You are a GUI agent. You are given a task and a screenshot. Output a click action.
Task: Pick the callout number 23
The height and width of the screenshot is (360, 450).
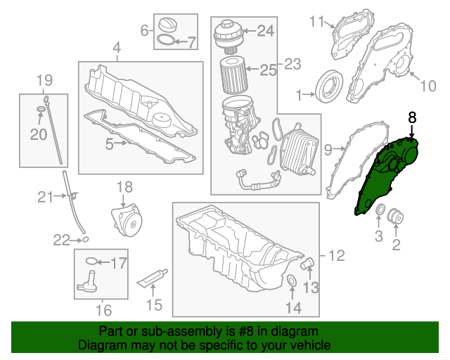[292, 65]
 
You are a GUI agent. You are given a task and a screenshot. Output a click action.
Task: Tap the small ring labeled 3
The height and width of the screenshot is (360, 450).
[378, 211]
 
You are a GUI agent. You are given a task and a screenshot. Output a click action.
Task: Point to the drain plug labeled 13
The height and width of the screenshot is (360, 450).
[307, 265]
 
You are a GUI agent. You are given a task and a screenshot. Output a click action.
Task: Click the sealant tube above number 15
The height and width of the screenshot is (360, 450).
[154, 278]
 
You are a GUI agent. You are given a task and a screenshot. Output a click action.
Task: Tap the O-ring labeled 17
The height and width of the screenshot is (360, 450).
[90, 262]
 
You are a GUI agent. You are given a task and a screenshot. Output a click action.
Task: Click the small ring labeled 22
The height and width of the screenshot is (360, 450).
[85, 240]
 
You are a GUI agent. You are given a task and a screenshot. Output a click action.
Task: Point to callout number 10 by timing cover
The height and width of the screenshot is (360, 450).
[428, 86]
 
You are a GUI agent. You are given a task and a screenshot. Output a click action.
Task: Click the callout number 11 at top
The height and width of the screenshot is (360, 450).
[316, 21]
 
